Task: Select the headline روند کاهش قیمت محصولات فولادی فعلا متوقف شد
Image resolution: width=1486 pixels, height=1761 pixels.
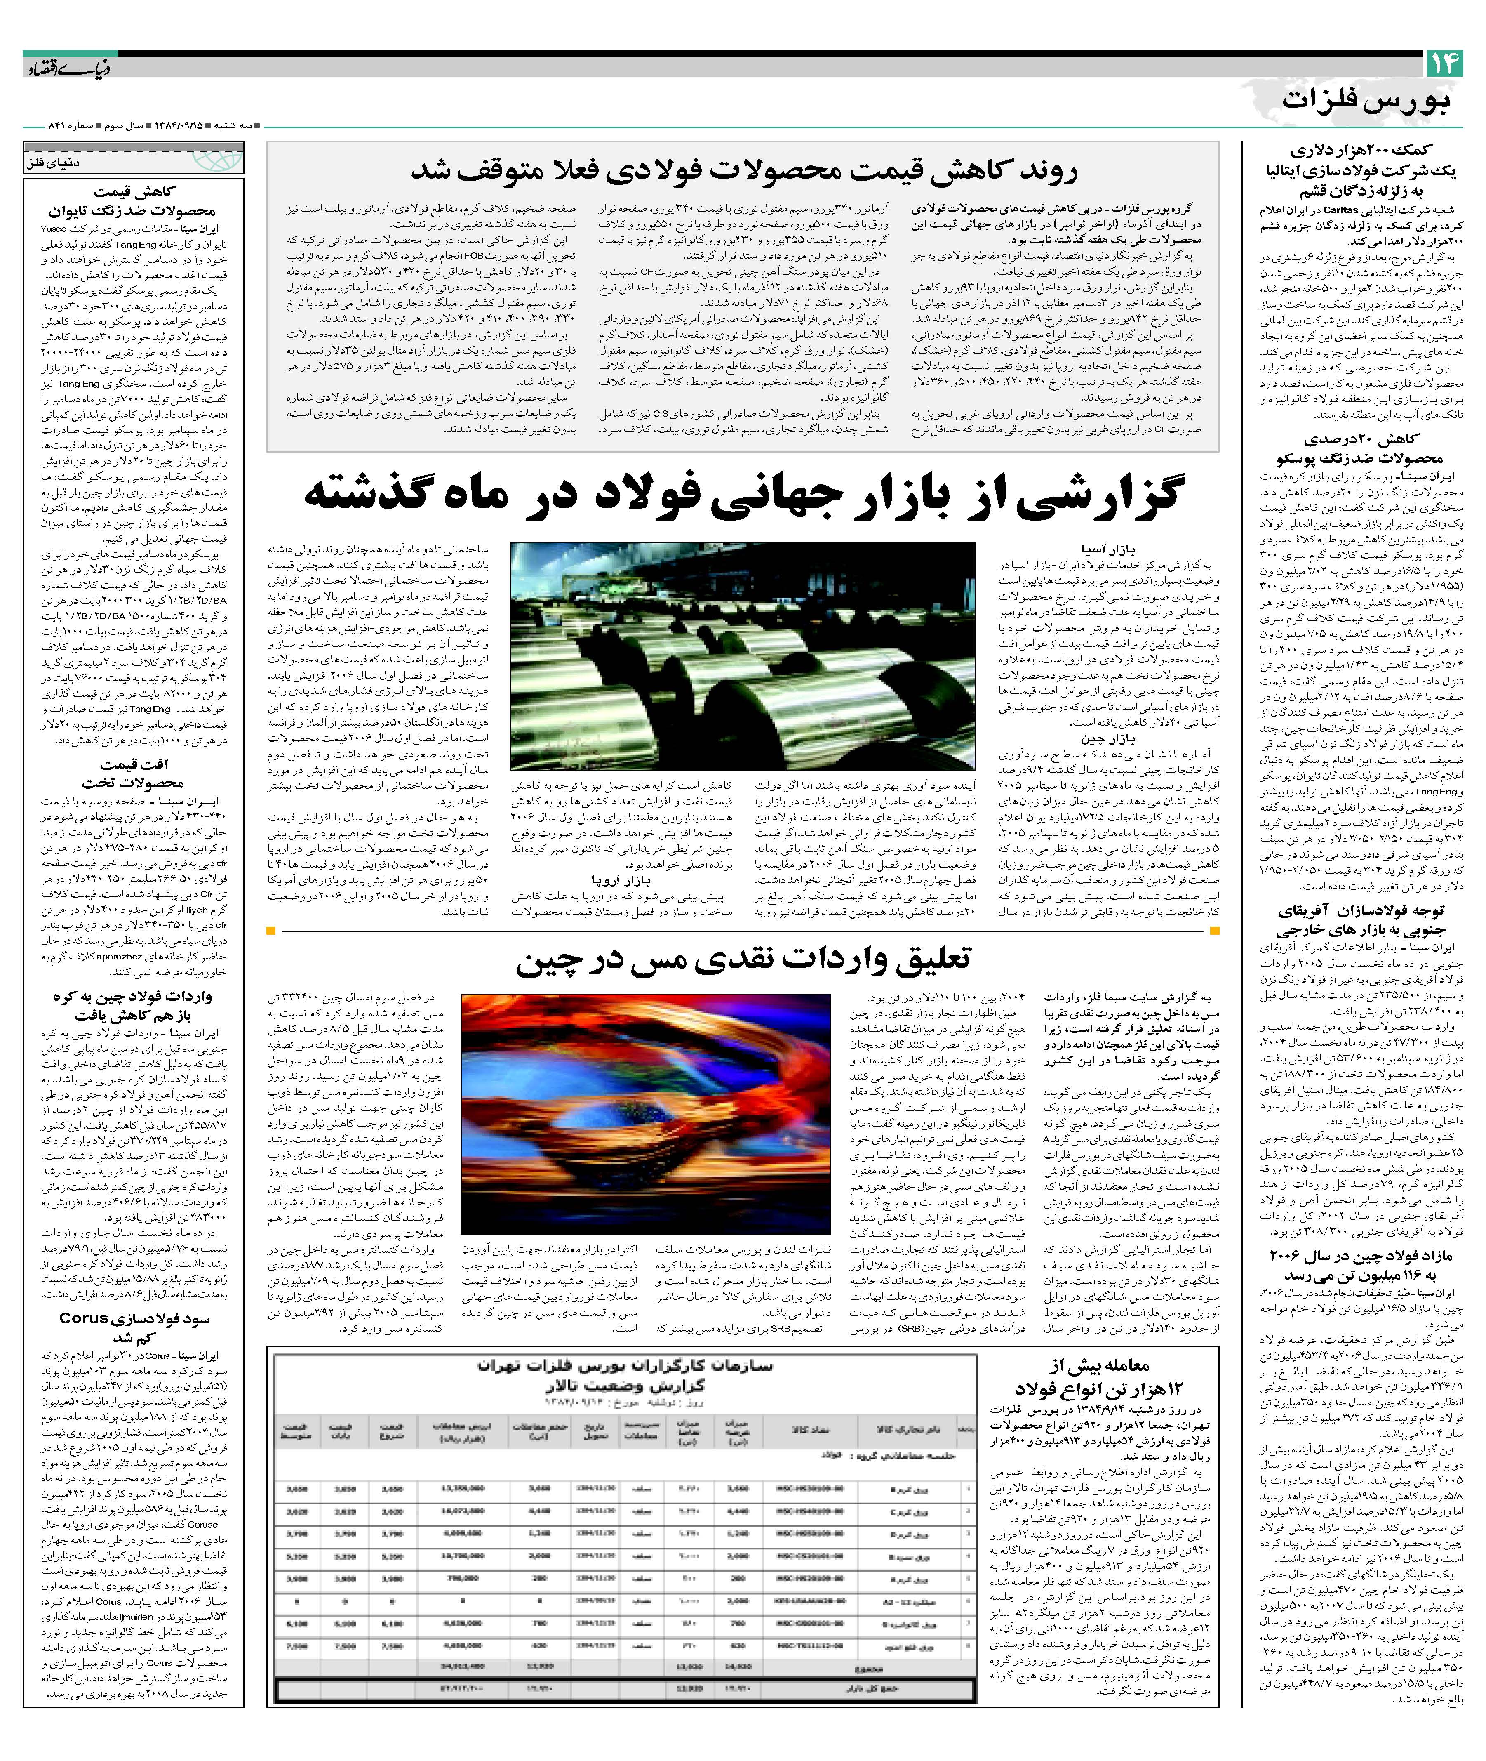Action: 743,171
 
